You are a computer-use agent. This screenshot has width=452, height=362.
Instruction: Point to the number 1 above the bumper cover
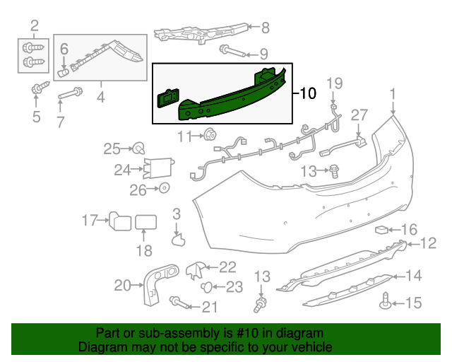tap(393, 93)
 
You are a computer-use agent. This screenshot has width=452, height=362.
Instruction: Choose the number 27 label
tap(359, 115)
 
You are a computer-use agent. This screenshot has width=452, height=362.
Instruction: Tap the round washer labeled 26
tap(163, 188)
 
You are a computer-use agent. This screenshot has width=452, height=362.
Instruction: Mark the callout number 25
tap(112, 148)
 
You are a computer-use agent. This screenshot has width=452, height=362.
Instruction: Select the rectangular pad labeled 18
tap(145, 223)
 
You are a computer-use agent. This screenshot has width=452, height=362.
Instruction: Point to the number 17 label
tap(89, 221)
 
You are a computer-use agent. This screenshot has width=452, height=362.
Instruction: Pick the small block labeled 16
tap(382, 229)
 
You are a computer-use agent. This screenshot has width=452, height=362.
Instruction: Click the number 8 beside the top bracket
tap(265, 28)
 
